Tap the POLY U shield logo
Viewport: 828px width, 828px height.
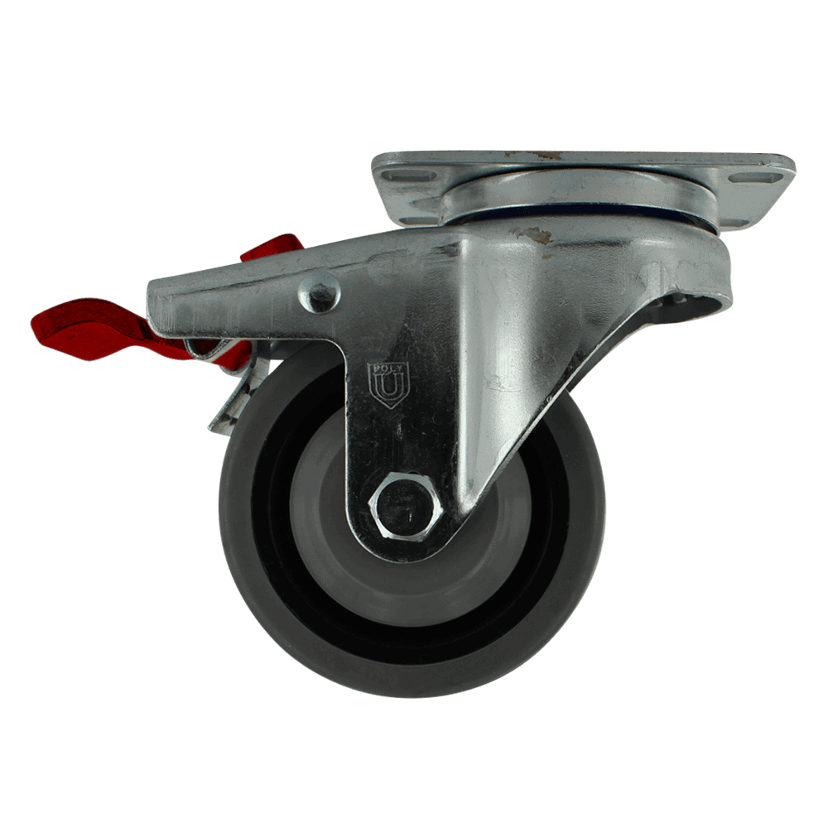[388, 385]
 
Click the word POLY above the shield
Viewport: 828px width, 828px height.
[388, 367]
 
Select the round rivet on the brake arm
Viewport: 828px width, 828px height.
[319, 292]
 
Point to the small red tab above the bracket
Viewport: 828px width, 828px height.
[272, 248]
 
